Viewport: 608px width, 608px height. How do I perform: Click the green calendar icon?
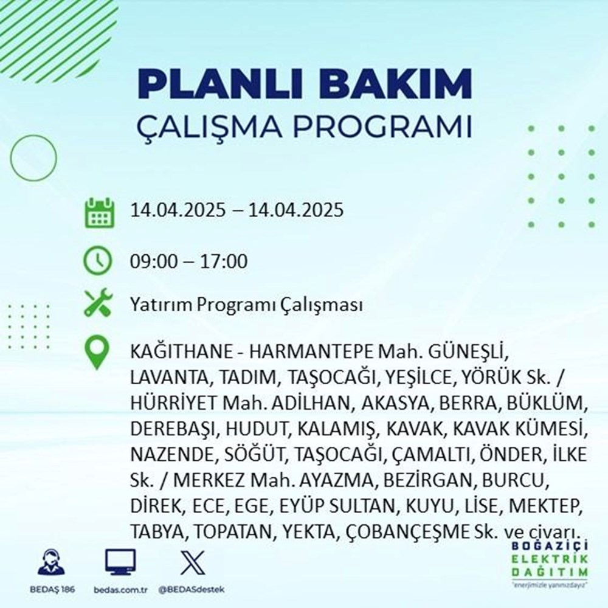98,212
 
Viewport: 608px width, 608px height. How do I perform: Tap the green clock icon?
98,262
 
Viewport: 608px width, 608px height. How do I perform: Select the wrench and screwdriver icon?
98,304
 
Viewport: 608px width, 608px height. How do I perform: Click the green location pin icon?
98,354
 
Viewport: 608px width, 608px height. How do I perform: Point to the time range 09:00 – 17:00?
188,263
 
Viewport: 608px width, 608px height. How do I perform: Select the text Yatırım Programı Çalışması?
246,305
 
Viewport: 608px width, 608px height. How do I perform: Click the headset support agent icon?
50,562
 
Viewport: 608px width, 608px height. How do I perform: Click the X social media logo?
189,562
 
